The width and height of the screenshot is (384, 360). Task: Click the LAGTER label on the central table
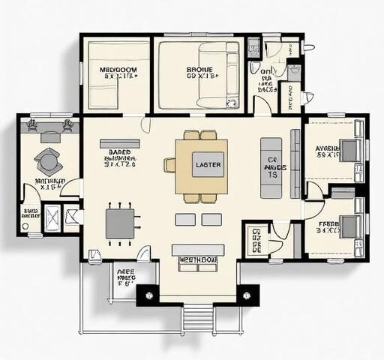(207, 164)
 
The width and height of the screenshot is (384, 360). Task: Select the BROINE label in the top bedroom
(200, 70)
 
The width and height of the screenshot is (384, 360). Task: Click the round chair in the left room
(49, 160)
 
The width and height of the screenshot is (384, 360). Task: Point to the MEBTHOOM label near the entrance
(198, 260)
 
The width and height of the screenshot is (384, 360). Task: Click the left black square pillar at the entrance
(148, 295)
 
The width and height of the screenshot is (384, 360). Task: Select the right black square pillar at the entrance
(247, 295)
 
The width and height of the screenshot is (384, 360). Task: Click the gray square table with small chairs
(120, 223)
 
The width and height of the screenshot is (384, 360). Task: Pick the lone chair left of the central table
(170, 165)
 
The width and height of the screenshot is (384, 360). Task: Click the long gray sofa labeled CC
(271, 167)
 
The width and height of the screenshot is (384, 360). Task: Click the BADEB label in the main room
(119, 151)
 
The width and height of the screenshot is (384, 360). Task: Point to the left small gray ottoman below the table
(185, 219)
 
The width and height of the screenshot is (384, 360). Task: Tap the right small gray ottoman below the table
(212, 219)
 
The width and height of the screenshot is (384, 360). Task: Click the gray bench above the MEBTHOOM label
(198, 249)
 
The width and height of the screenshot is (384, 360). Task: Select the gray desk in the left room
(51, 137)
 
